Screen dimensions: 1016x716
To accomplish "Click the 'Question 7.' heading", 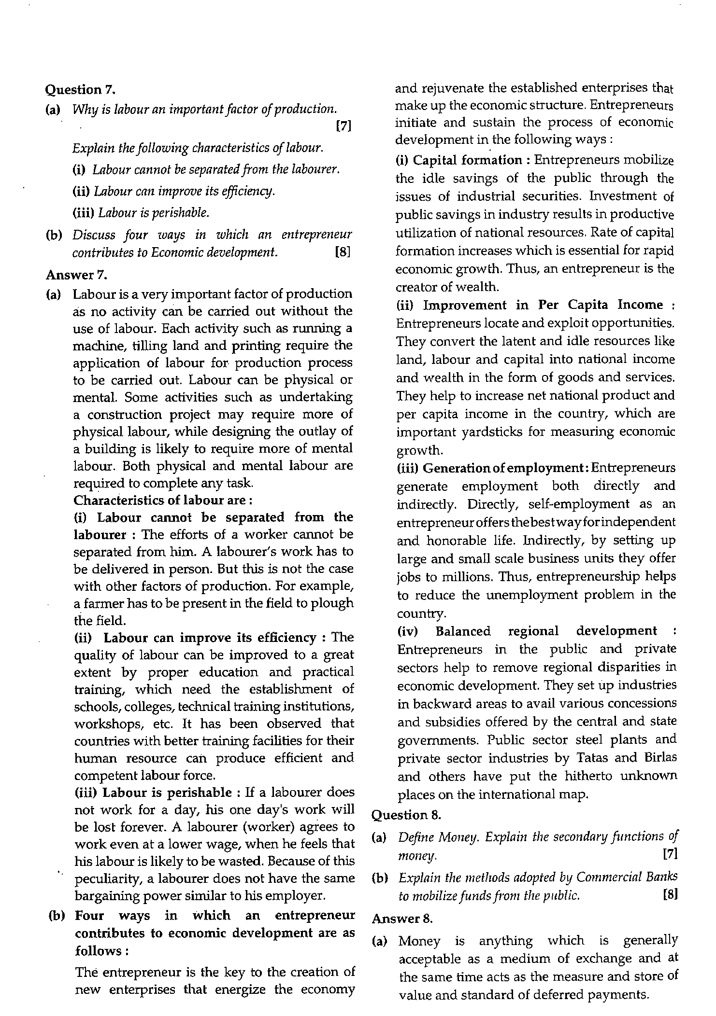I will (x=81, y=89).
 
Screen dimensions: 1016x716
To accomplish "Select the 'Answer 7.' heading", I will (x=76, y=275).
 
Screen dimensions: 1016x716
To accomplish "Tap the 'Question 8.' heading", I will (x=406, y=815).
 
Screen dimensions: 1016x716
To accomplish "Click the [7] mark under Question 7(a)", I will (x=343, y=126).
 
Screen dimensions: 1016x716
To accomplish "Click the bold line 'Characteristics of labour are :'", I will (x=163, y=500).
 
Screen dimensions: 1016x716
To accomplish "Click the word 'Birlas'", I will (x=660, y=758).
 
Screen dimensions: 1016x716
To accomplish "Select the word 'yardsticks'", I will (x=492, y=432).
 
